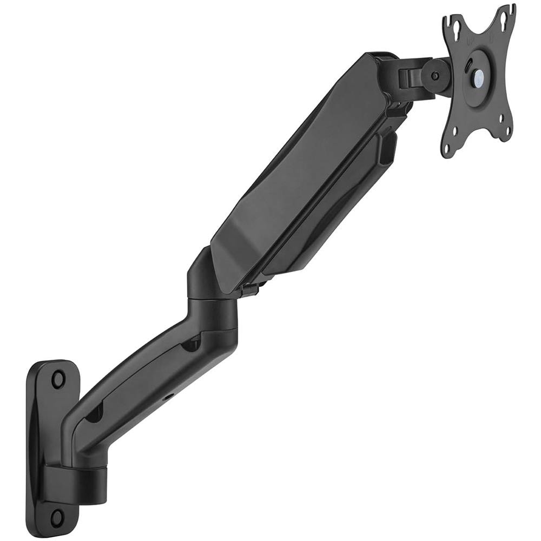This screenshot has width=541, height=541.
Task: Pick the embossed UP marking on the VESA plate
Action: click(x=469, y=41)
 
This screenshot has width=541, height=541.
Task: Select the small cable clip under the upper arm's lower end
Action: click(x=249, y=291)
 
